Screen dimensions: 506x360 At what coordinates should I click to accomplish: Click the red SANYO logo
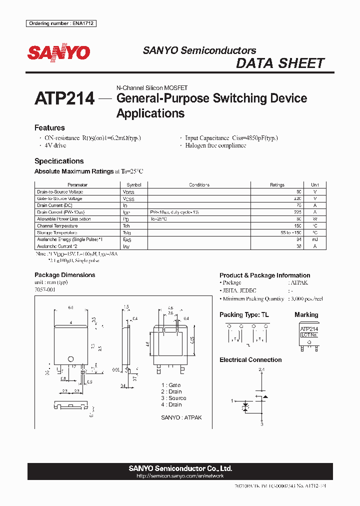[x=58, y=53]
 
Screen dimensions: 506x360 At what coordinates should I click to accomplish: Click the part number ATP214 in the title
[x=64, y=98]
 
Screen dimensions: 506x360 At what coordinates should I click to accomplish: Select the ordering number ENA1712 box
[x=61, y=23]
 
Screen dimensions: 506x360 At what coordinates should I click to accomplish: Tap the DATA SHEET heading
[x=280, y=63]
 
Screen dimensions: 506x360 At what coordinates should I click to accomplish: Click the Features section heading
[x=49, y=127]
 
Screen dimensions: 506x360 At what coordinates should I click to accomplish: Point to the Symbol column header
[x=134, y=185]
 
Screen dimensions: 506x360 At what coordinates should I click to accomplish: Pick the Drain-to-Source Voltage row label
[x=60, y=192]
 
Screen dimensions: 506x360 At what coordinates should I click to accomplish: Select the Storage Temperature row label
[x=57, y=232]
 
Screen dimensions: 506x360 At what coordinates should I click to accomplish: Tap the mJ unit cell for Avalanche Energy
[x=314, y=239]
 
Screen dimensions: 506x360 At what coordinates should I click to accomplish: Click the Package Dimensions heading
[x=64, y=275]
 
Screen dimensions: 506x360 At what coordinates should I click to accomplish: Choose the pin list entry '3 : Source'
[x=173, y=398]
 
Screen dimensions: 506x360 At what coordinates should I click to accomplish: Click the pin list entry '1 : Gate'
[x=171, y=385]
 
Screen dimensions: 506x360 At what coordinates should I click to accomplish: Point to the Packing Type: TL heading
[x=246, y=315]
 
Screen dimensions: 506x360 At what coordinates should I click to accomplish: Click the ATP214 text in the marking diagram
[x=309, y=329]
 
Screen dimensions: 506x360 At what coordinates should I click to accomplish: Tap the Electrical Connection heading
[x=250, y=360]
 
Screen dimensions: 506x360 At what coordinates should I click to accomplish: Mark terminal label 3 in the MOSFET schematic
[x=261, y=424]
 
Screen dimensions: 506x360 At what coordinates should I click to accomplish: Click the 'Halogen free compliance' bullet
[x=215, y=145]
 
